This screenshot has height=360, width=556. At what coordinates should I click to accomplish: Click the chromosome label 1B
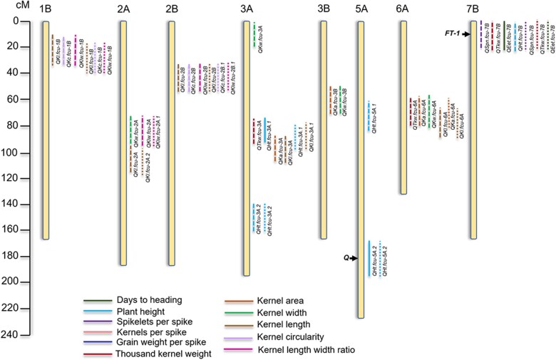coord(46,9)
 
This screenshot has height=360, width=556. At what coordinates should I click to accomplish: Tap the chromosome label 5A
coord(361,9)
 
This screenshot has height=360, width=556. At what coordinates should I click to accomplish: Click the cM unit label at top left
coord(11,7)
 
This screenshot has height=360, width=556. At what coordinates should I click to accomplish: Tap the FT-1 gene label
coord(452,34)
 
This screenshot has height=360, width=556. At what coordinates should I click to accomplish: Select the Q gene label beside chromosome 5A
coord(346,258)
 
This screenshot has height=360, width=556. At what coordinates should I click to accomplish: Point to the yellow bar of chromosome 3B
coord(324,128)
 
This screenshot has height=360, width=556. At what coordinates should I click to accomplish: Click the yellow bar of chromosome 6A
coord(403,107)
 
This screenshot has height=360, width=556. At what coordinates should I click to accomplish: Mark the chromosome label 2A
coord(123,9)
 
